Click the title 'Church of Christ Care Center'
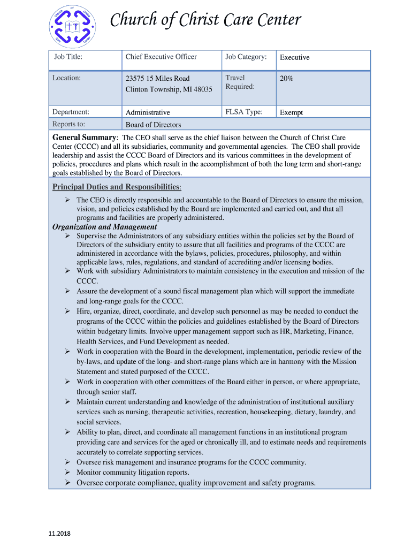click(205, 20)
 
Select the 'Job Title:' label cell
click(67, 57)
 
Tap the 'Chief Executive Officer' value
click(161, 57)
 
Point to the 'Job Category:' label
click(246, 57)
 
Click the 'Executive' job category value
click(295, 57)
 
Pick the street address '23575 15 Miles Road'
click(157, 78)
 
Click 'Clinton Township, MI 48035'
click(169, 89)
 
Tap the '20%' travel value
click(287, 78)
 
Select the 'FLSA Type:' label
click(244, 112)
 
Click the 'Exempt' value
click(292, 112)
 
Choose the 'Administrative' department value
click(148, 112)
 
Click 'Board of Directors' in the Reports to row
click(153, 125)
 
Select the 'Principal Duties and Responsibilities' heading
click(116, 187)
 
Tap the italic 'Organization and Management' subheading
click(104, 227)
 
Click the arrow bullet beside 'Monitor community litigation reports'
click(68, 472)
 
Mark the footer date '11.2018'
click(60, 534)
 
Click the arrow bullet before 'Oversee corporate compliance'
click(68, 483)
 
